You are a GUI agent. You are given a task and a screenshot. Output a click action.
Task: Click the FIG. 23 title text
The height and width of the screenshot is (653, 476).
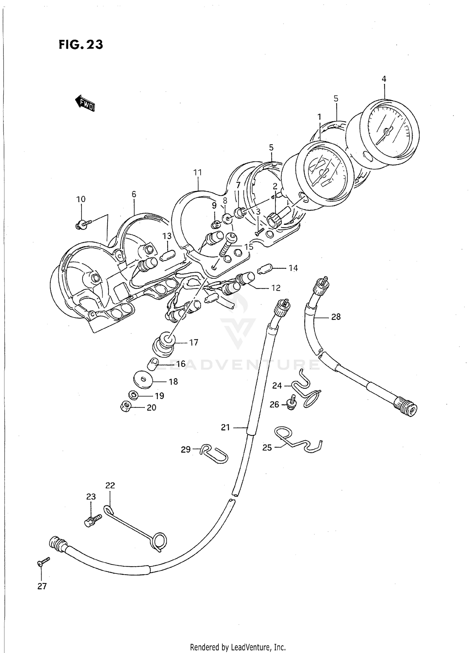coord(81,45)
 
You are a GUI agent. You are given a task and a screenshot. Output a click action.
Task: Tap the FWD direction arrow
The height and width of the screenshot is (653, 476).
coord(85,103)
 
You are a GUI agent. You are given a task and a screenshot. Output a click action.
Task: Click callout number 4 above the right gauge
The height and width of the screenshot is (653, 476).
coord(384,79)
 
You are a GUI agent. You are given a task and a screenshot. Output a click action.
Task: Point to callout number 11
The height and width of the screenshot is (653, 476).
coord(197,173)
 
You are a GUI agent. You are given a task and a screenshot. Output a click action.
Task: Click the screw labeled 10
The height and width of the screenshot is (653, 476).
coord(83,225)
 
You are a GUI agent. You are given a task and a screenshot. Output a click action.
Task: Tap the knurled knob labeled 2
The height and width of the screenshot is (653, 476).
coord(275,219)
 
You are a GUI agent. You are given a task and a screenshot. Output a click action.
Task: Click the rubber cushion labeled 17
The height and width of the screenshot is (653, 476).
coord(164,345)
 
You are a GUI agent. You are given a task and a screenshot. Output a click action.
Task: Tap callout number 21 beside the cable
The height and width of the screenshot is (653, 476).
coord(225,428)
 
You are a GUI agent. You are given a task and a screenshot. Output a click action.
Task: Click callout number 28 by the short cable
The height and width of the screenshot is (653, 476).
coord(336,317)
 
